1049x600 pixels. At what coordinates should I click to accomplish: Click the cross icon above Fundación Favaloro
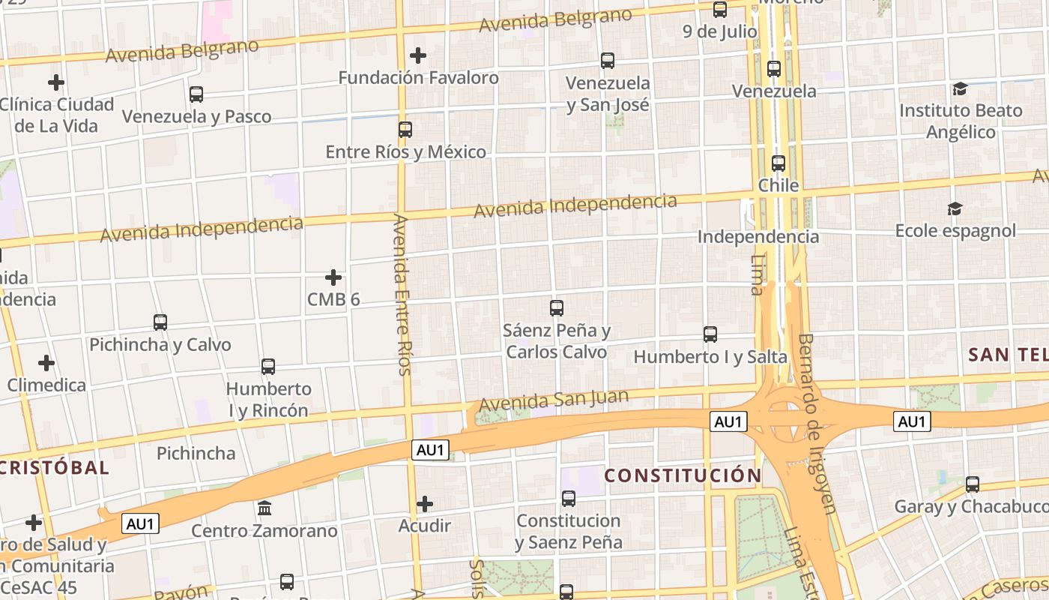[x=418, y=55]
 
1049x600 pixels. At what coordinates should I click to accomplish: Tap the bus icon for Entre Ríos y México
[x=405, y=129]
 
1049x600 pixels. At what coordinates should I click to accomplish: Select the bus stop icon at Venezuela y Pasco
[x=196, y=94]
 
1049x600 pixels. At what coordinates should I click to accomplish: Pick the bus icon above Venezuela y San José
[x=608, y=60]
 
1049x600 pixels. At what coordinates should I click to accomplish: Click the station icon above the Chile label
[x=779, y=163]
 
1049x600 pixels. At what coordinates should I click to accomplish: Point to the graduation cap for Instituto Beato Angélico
[x=960, y=89]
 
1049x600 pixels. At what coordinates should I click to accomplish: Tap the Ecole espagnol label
[x=955, y=230]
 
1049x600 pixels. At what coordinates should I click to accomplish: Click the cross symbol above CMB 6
[x=333, y=277]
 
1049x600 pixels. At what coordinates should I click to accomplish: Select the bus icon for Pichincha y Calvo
[x=160, y=322]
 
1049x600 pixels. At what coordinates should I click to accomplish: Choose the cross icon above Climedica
[x=46, y=363]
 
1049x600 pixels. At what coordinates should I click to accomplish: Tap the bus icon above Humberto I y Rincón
[x=268, y=367]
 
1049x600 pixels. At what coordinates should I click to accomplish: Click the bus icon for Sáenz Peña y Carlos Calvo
[x=557, y=307]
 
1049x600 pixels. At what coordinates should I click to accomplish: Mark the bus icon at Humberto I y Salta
[x=710, y=334]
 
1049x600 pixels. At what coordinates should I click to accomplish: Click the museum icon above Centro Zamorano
[x=264, y=508]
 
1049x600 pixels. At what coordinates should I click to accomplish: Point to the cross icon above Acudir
[x=425, y=503]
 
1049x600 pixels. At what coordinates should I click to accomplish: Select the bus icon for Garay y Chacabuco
[x=973, y=484]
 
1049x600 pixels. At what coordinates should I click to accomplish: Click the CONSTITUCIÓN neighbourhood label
[x=683, y=475]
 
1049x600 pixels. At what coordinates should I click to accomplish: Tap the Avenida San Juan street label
[x=554, y=400]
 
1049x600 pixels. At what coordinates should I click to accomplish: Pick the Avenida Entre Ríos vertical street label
[x=402, y=294]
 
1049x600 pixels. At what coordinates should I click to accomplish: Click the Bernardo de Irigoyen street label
[x=817, y=424]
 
